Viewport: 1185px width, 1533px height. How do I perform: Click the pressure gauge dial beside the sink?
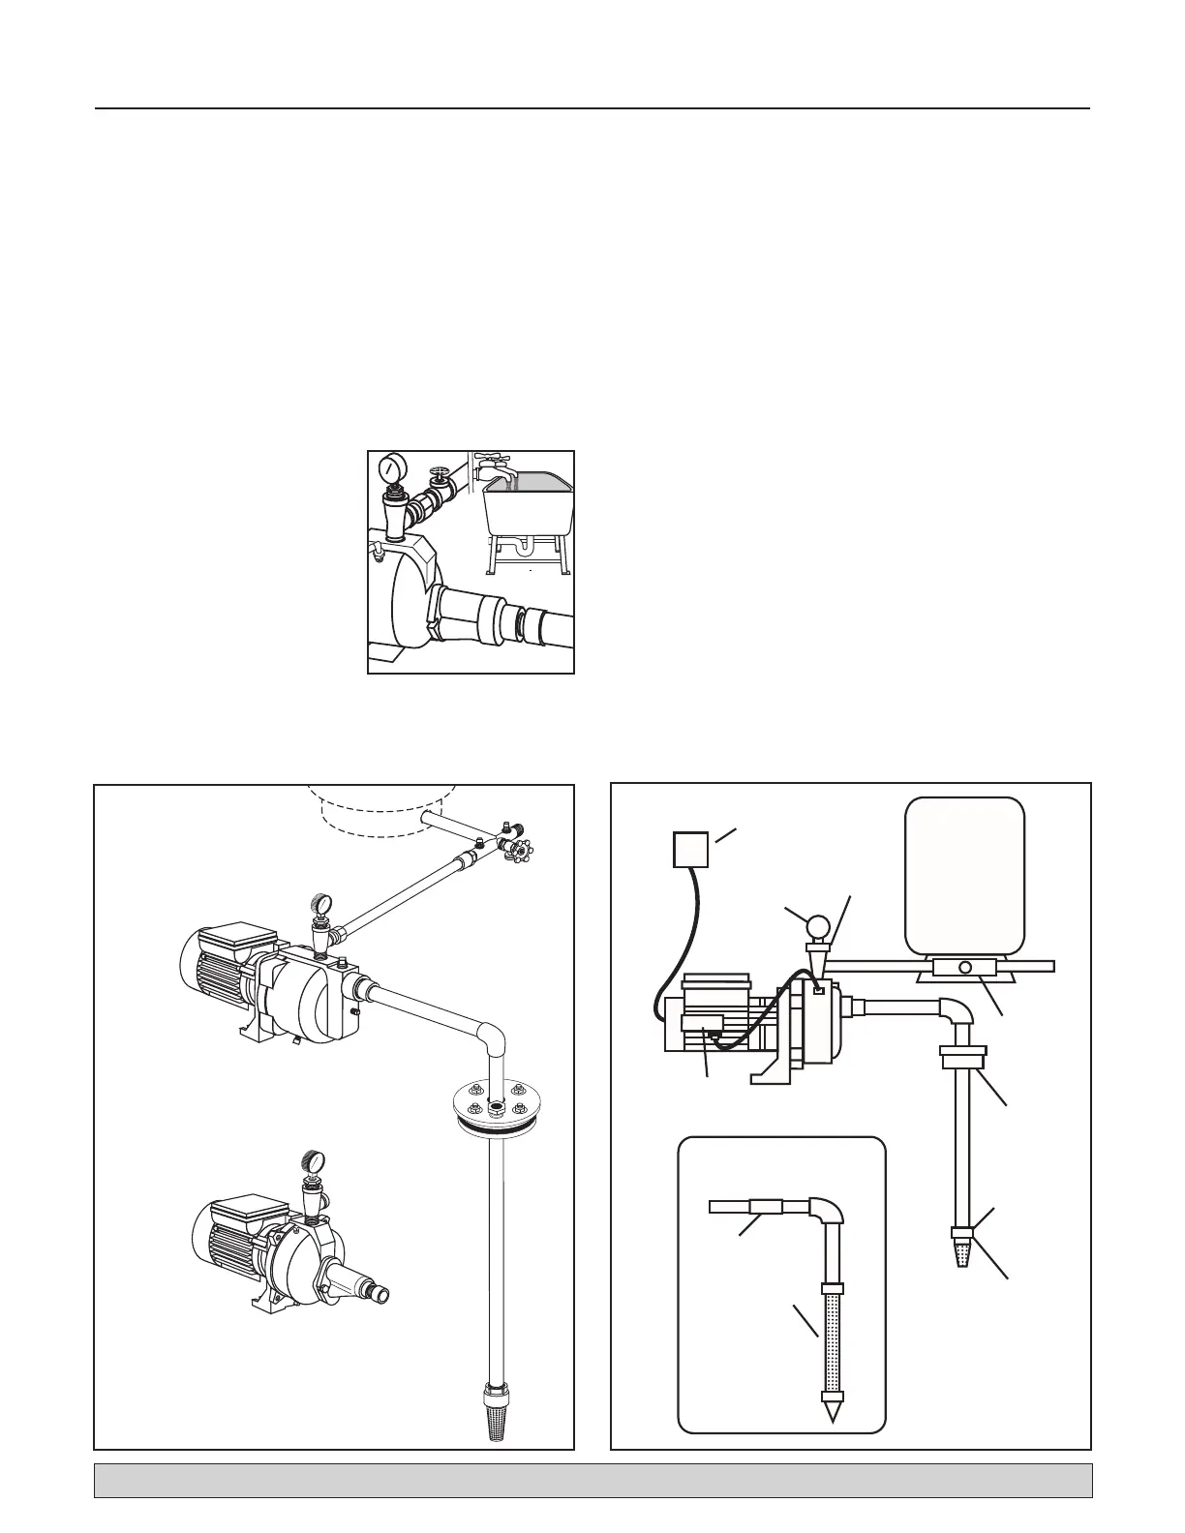(391, 469)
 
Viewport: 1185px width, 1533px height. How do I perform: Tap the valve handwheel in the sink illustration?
(441, 475)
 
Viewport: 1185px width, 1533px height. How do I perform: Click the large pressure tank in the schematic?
(963, 874)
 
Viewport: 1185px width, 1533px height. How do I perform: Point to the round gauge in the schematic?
(818, 928)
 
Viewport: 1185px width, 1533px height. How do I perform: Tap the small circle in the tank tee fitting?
(964, 967)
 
